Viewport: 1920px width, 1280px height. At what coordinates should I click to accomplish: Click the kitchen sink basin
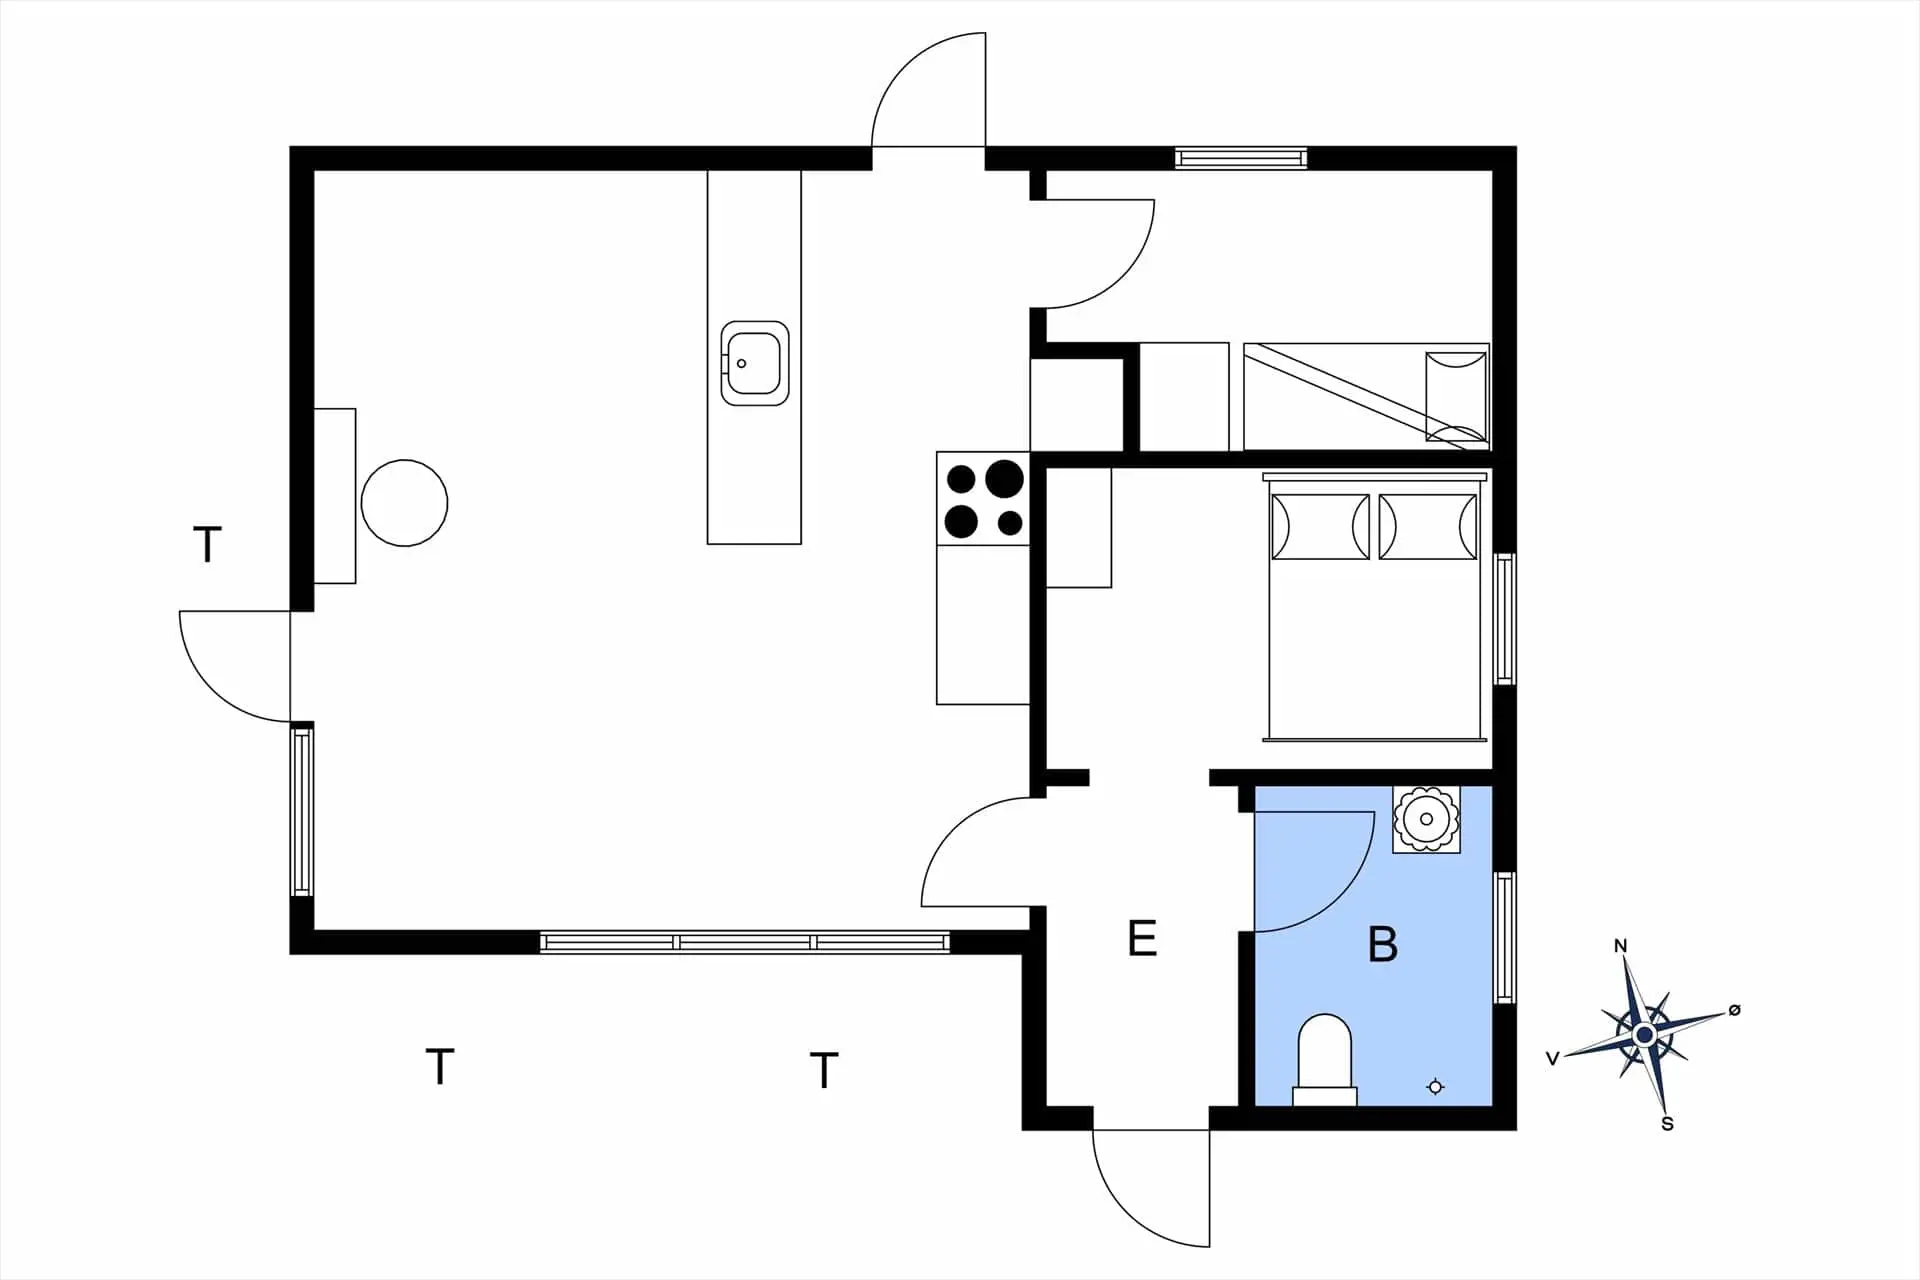click(754, 363)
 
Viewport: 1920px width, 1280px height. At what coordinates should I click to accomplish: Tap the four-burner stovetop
click(983, 498)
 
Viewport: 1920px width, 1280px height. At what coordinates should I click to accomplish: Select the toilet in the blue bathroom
click(1325, 1060)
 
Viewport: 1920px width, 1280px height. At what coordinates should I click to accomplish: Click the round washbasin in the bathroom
click(1426, 820)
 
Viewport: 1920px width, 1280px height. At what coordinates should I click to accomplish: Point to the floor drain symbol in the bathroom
click(1435, 1086)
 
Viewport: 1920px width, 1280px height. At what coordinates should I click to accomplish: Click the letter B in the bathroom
click(1382, 944)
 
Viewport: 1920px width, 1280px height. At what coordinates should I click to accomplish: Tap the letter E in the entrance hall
click(1142, 939)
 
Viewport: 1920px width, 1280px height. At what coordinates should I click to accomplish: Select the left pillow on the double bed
click(1320, 526)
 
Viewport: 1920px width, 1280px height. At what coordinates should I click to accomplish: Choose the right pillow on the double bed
click(1427, 526)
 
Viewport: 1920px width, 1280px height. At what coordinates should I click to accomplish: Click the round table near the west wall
click(404, 503)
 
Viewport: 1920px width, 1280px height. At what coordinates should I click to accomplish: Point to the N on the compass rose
click(1621, 946)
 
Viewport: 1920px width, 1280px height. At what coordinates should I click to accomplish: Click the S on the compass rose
click(1667, 1124)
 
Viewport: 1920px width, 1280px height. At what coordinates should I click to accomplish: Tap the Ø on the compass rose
click(1734, 1010)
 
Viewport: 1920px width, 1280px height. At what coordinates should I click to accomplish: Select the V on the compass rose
click(1553, 1059)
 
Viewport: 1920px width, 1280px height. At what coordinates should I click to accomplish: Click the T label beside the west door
click(207, 545)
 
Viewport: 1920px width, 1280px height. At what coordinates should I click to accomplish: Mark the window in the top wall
click(1241, 158)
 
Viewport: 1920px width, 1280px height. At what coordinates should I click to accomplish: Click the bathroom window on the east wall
click(1504, 937)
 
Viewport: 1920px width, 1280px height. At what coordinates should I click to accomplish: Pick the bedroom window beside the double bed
click(1504, 618)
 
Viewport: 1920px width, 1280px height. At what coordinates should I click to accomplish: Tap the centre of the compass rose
click(1644, 1035)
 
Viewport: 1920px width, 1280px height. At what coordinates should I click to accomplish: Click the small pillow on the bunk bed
click(1456, 397)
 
